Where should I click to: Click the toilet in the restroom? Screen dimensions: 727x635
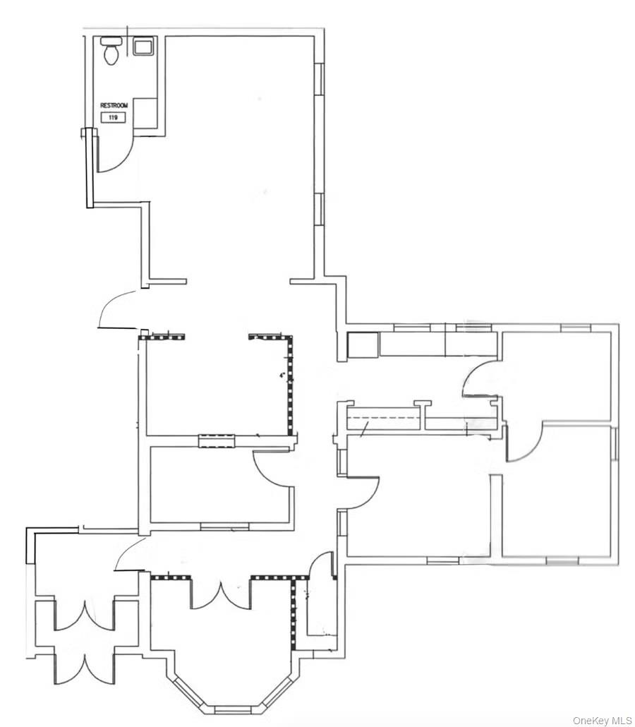pos(111,52)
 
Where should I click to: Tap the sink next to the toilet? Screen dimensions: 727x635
pos(143,47)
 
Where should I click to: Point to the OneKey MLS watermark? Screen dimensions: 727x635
pos(602,720)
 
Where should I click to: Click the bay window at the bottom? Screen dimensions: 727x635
pos(232,708)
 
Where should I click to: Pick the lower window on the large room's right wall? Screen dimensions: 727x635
pos(319,209)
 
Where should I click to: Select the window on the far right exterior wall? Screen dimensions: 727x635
pos(615,445)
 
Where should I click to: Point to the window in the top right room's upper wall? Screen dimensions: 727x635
pos(575,328)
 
